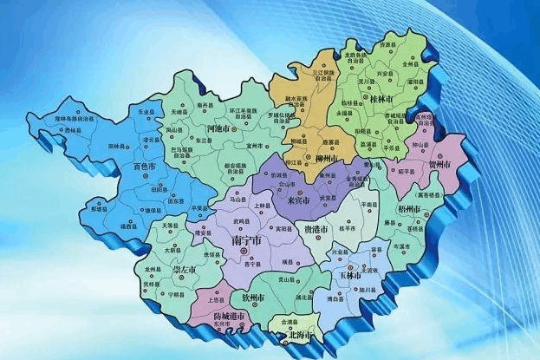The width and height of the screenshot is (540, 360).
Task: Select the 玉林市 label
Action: coord(351,275)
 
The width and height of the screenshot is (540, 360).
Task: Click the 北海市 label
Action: coord(301,332)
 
